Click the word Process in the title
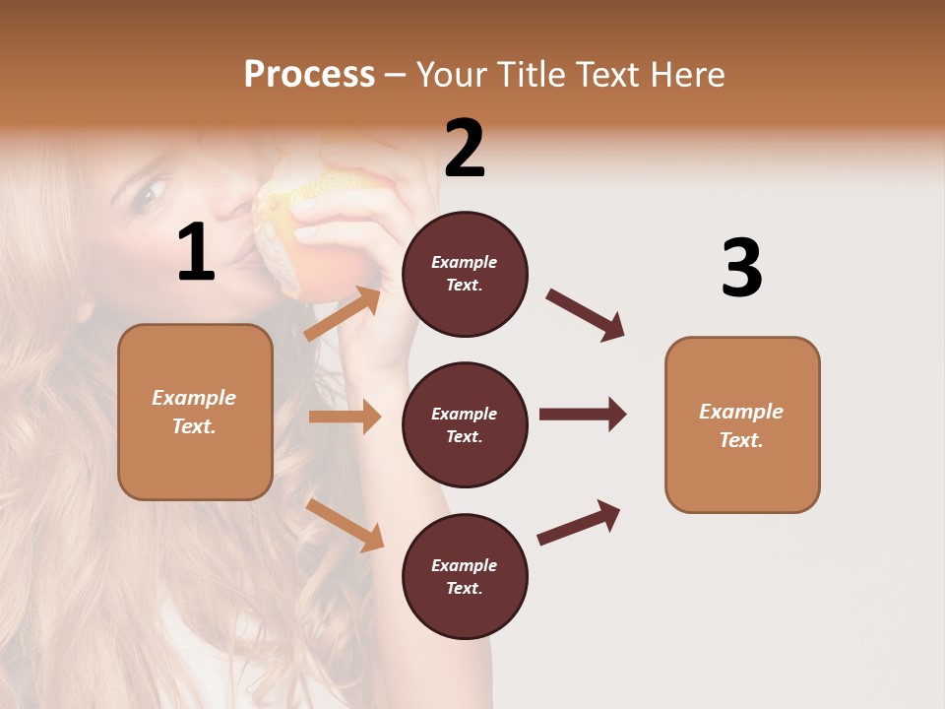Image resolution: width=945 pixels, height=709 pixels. [309, 75]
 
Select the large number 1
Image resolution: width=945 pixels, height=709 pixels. [196, 253]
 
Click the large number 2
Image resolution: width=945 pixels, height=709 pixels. [465, 149]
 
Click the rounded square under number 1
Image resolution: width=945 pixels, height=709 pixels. [195, 412]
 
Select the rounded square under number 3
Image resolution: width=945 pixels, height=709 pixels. [742, 424]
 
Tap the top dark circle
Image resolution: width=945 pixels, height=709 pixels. [465, 274]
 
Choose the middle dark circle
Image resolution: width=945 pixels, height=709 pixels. [465, 424]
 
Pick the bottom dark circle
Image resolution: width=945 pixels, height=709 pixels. [465, 576]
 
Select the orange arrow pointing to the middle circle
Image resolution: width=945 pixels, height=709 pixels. [345, 417]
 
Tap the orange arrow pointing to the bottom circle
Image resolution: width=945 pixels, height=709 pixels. [346, 525]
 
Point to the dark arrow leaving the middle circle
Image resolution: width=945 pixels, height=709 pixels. [583, 414]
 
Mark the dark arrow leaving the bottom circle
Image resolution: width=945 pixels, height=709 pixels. [579, 523]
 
